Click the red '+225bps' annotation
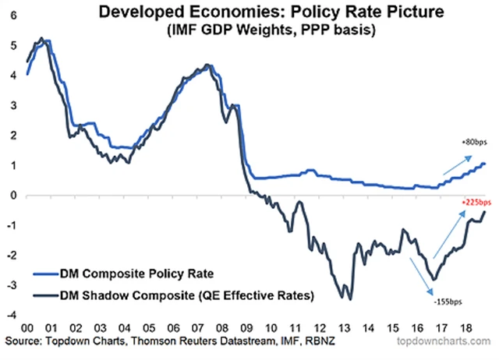470,200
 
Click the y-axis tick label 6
11,16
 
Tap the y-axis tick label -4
9,316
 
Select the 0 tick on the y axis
11,196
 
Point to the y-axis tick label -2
9,256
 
